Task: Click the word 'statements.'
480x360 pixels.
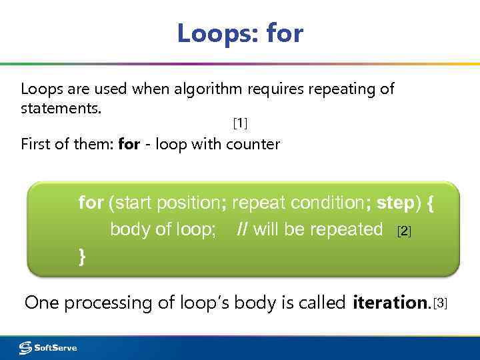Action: pos(61,107)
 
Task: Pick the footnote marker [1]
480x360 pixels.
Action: pos(239,123)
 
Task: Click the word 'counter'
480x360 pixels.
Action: pos(253,144)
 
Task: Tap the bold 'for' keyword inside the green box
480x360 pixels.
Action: pos(91,203)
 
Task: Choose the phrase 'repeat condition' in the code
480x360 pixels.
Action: pos(300,203)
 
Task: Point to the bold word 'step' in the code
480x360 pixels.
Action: pos(396,203)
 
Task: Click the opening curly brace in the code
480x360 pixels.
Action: pos(430,203)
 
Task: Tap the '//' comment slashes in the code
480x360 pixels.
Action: pos(243,229)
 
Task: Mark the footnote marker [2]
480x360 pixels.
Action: pos(404,231)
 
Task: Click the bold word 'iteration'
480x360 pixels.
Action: pos(390,303)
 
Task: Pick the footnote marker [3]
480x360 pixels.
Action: pos(441,304)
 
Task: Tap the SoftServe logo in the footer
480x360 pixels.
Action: pos(48,347)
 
